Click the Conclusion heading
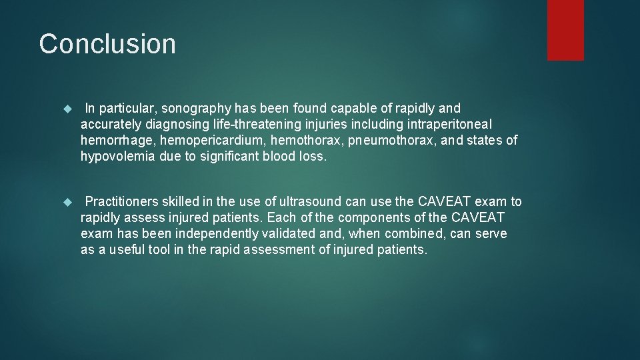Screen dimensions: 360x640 (107, 44)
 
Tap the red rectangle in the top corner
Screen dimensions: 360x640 (565, 30)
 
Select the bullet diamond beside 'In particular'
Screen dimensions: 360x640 (66, 109)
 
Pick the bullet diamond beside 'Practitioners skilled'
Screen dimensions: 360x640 (66, 202)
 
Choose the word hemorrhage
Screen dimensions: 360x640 (111, 141)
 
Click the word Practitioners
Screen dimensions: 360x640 (121, 202)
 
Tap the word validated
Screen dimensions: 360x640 (289, 234)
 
